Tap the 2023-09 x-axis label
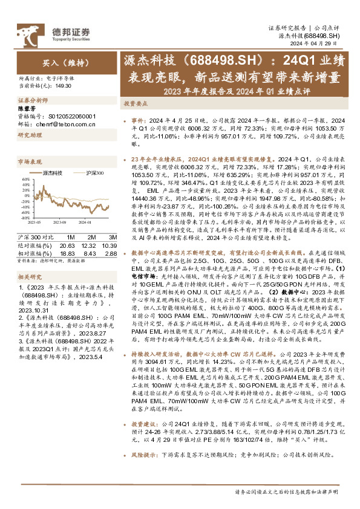[57, 223]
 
